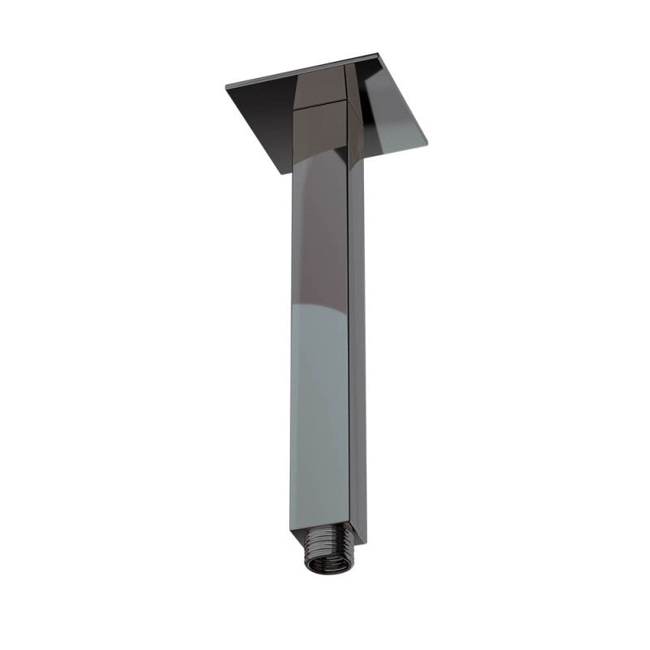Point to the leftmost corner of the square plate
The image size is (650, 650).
coord(223,88)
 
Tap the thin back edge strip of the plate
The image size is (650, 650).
coord(301,71)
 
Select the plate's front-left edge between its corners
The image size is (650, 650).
coord(252,130)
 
